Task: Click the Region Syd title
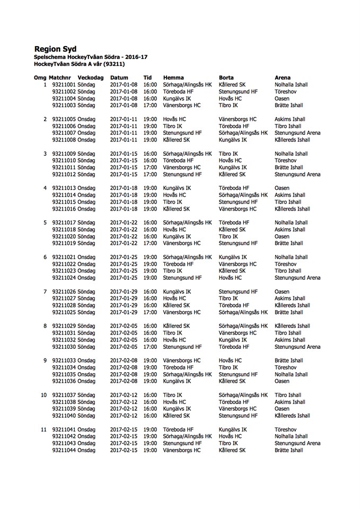pyautogui.click(x=55, y=49)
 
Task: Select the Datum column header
pyautogui.click(x=119, y=77)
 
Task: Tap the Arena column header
pyautogui.click(x=283, y=77)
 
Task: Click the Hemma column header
pyautogui.click(x=173, y=77)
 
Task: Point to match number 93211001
pyautogui.click(x=64, y=85)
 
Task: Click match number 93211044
pyautogui.click(x=64, y=450)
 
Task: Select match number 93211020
pyautogui.click(x=64, y=236)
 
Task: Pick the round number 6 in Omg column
pyautogui.click(x=45, y=257)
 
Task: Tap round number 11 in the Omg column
pyautogui.click(x=44, y=429)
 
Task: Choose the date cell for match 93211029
pyautogui.click(x=124, y=326)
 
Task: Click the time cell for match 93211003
pyautogui.click(x=150, y=106)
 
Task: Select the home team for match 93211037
pyautogui.click(x=173, y=395)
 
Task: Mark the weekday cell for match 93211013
pyautogui.click(x=86, y=188)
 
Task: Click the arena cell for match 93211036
pyautogui.click(x=282, y=381)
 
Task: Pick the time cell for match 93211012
pyautogui.click(x=150, y=174)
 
